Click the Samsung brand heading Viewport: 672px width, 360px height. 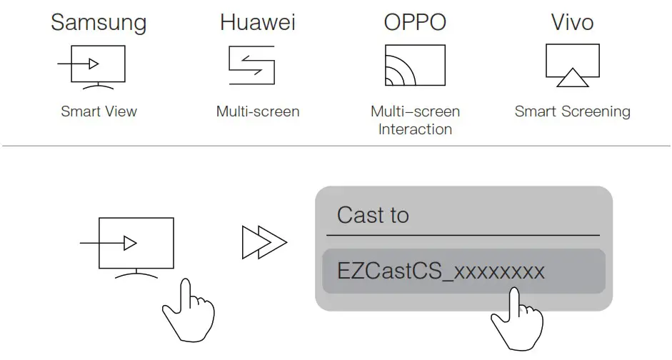[x=98, y=22]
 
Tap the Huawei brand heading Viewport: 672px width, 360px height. [x=257, y=22]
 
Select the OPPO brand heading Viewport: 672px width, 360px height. [x=415, y=22]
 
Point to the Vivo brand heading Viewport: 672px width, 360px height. [x=572, y=22]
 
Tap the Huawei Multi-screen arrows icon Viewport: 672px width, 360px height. [x=251, y=65]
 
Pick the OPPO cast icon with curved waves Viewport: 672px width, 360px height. [x=414, y=66]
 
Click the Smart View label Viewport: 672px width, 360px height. [x=99, y=111]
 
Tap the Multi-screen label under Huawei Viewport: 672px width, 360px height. [x=258, y=111]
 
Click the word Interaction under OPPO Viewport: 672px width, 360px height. [x=415, y=129]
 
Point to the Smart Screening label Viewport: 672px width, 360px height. [x=573, y=111]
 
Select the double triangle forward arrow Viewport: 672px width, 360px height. [x=264, y=243]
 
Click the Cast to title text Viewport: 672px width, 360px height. [x=373, y=215]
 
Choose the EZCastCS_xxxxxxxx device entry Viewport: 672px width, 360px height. [x=441, y=271]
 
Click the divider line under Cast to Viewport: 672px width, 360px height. [x=463, y=235]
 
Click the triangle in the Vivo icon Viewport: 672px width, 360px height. [x=572, y=78]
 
